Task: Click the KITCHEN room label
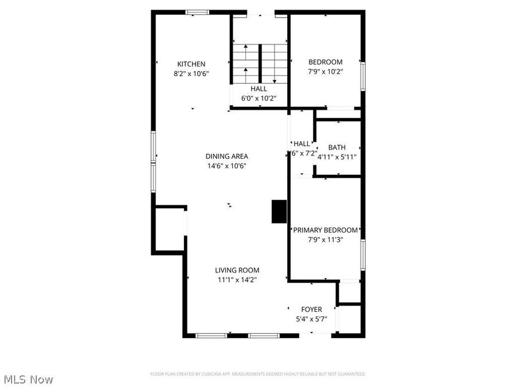(191, 64)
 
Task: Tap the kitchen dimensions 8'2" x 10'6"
(191, 73)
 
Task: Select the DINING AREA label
(227, 156)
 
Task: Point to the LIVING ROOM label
(237, 270)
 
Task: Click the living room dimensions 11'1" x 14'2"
(237, 280)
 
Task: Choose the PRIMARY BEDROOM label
(325, 230)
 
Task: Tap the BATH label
(337, 147)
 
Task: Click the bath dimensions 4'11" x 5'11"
(337, 157)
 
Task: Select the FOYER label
(311, 310)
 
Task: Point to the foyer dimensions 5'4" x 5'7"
(311, 319)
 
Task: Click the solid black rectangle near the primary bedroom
(279, 211)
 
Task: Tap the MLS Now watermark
(28, 379)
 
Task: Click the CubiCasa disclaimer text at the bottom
(258, 374)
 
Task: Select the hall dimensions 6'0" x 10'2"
(258, 98)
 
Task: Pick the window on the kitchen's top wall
(197, 12)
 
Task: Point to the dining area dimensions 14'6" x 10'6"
(227, 166)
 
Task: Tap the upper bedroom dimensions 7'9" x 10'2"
(325, 72)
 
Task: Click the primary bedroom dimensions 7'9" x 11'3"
(325, 240)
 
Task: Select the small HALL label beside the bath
(302, 143)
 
